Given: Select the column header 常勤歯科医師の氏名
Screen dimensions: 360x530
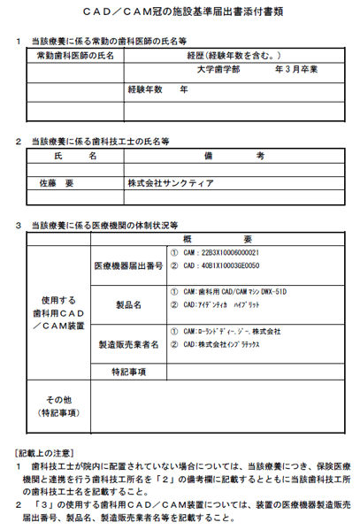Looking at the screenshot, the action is pos(75,55).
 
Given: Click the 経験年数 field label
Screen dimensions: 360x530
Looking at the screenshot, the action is pos(147,88).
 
